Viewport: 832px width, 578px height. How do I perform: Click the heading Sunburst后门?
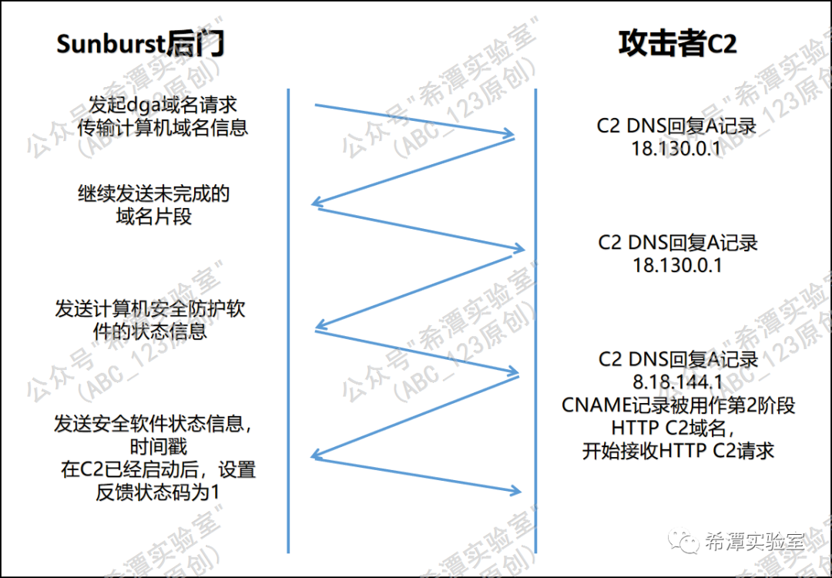(139, 44)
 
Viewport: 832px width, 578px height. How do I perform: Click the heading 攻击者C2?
(677, 44)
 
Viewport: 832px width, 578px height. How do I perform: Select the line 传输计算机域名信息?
(163, 127)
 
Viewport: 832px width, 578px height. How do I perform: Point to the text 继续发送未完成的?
(153, 193)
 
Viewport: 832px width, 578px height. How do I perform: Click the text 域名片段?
(153, 217)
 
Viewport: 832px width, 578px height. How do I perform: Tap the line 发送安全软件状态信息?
(153, 424)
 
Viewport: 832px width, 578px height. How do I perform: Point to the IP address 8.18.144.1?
(677, 381)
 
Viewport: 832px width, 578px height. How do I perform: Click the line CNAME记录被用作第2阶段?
(678, 405)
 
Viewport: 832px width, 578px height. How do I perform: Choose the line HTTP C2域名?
(678, 428)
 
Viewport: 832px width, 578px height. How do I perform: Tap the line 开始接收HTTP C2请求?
(678, 451)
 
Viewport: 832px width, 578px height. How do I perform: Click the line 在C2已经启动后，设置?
(158, 469)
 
